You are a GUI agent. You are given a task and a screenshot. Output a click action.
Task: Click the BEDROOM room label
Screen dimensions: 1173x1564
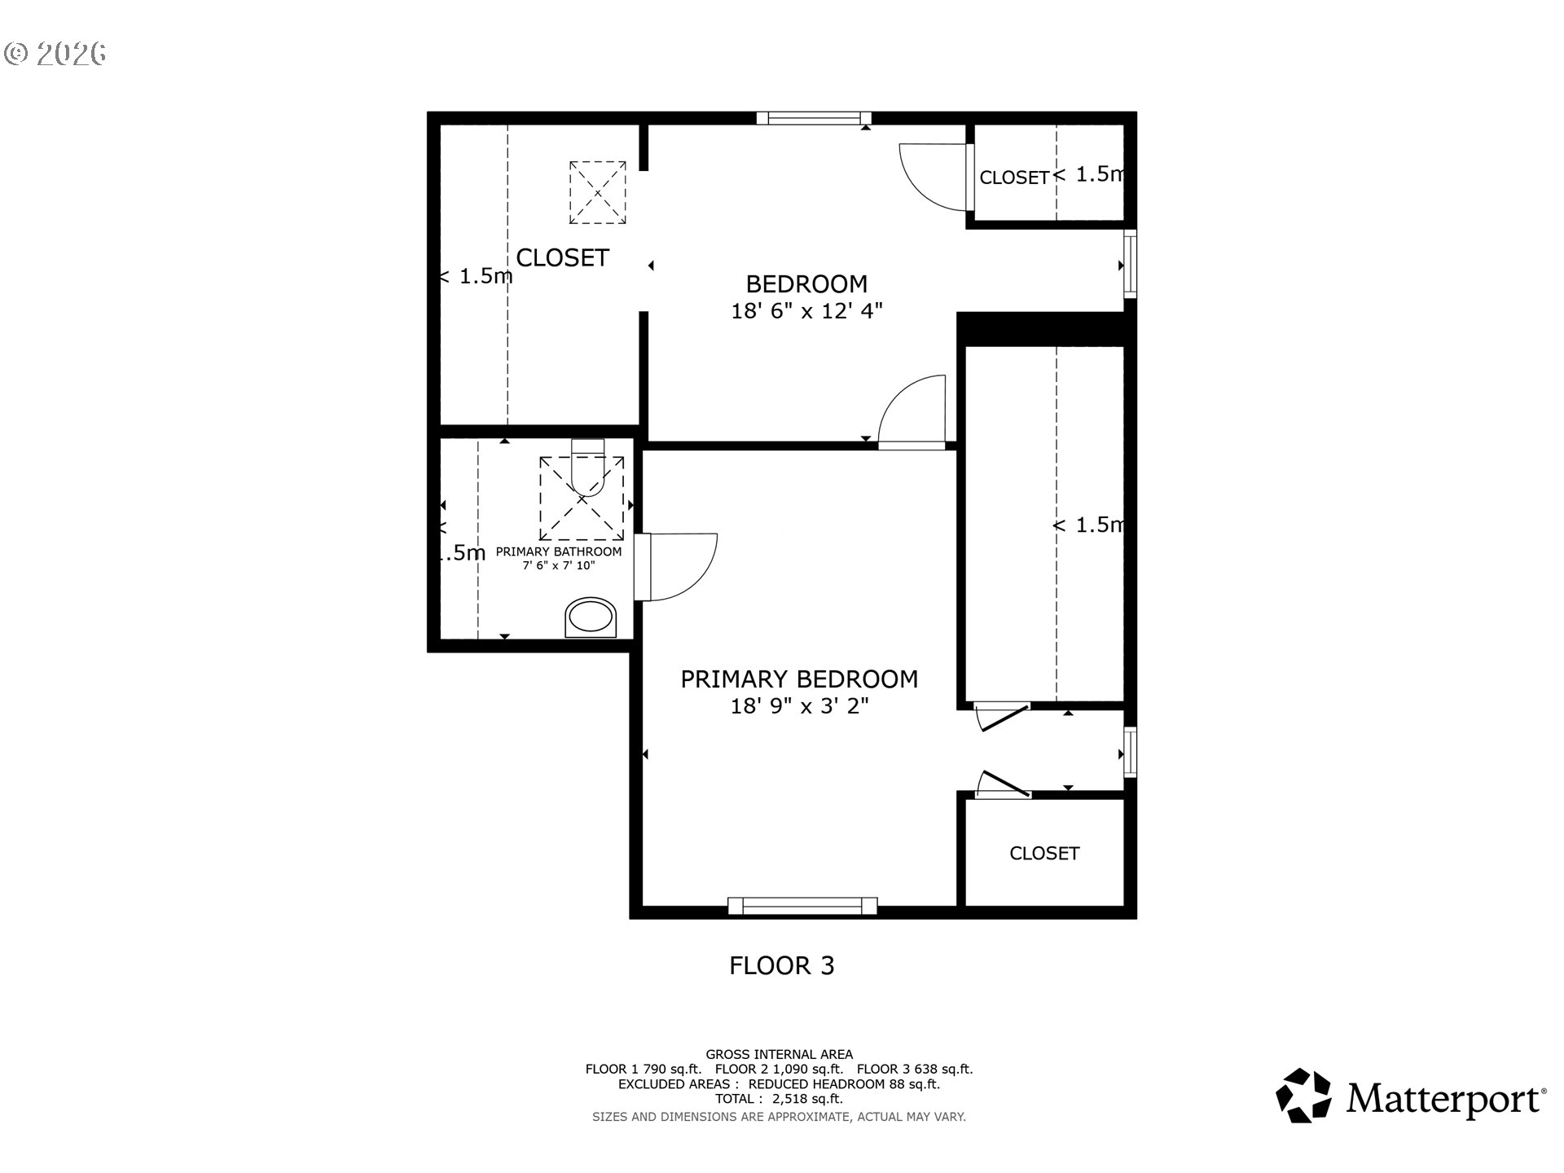tap(806, 283)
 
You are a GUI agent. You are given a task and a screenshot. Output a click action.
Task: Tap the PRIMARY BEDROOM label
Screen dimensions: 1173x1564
tap(798, 679)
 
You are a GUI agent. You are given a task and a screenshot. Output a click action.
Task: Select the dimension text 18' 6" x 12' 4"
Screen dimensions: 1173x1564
tap(806, 310)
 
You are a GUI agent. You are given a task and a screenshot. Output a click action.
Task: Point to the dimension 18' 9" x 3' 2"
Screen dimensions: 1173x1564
tap(798, 705)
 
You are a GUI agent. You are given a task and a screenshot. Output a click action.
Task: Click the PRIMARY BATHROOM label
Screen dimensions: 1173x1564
tap(558, 551)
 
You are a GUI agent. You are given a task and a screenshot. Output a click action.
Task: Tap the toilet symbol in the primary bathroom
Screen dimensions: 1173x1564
tap(587, 468)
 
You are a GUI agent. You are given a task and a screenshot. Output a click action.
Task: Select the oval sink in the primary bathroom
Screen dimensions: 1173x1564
tap(591, 617)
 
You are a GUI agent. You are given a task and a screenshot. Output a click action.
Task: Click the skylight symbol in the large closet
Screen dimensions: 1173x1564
tap(597, 192)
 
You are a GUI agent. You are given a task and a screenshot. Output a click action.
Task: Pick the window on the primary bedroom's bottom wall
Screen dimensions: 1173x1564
tap(802, 905)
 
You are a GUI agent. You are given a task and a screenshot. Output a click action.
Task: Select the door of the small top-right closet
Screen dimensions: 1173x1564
tap(933, 176)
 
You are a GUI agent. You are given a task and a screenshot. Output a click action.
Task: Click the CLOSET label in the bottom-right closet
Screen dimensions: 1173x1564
tap(1043, 853)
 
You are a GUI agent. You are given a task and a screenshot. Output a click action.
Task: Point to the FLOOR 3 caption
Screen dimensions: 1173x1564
tap(781, 965)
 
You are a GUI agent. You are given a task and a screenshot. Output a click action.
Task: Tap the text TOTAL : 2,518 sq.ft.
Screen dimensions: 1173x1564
tap(779, 1099)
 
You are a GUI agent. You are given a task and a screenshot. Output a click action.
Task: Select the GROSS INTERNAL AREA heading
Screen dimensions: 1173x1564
tap(779, 1054)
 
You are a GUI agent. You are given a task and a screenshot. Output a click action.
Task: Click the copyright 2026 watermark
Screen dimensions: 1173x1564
tap(55, 54)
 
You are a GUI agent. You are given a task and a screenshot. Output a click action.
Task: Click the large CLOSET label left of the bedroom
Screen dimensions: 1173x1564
tap(562, 257)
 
